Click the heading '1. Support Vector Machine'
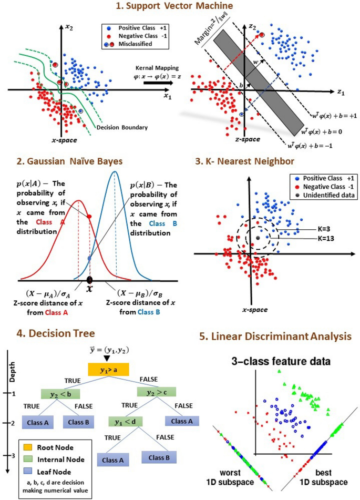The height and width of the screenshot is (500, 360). pyautogui.click(x=179, y=7)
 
